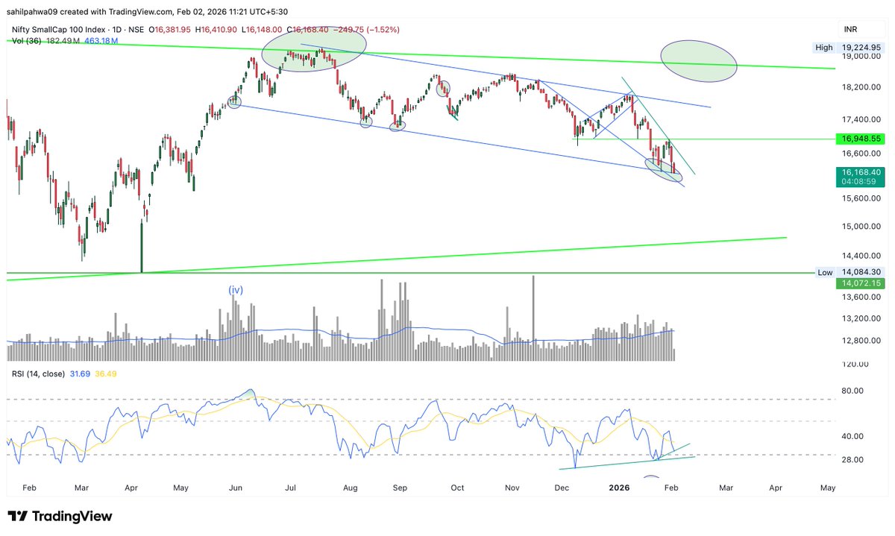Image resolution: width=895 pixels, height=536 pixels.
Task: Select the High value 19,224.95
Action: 861,47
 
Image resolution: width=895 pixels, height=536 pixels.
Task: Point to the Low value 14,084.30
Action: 861,273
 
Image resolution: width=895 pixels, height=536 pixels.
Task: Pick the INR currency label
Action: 850,29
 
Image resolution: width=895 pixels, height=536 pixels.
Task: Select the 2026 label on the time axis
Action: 621,488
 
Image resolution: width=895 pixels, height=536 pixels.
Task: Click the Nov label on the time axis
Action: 512,488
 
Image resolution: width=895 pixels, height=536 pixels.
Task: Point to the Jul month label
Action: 291,488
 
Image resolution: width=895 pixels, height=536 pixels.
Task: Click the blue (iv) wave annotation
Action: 236,289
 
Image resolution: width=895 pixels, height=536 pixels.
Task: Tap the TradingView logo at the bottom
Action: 60,517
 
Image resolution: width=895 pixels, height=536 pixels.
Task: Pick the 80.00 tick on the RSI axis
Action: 852,391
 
